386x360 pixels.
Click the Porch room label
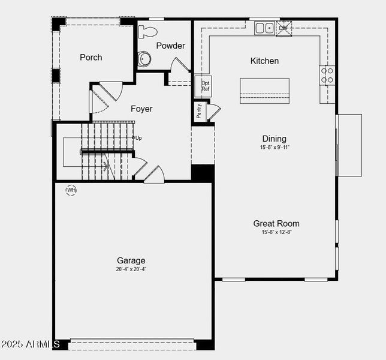tap(91, 58)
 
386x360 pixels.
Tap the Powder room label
tap(171, 46)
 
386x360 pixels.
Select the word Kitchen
tap(264, 61)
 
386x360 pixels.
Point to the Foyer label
tap(141, 109)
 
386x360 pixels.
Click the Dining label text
tap(274, 139)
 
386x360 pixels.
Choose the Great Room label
tap(276, 224)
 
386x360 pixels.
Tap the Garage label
tap(131, 260)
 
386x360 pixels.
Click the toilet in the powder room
tap(147, 32)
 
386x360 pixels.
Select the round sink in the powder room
tap(144, 58)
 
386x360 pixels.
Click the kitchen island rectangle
tap(264, 91)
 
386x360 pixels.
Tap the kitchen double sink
tap(264, 28)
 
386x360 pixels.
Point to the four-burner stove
tap(327, 75)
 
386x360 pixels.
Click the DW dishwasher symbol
tap(284, 28)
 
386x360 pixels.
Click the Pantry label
tap(199, 111)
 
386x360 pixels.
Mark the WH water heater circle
tap(71, 190)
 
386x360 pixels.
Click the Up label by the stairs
tap(138, 138)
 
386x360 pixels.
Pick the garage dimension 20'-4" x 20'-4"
tap(131, 269)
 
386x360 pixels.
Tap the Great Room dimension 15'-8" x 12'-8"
tap(276, 232)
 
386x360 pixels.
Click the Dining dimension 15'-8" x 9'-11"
tap(274, 147)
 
